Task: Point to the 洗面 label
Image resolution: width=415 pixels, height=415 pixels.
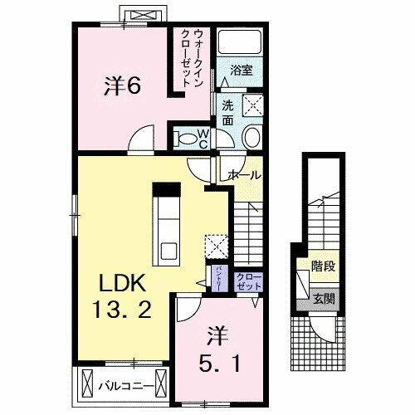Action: [x=227, y=112]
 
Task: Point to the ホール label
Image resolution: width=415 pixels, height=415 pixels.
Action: [x=244, y=175]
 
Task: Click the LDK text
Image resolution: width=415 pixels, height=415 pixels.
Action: [x=115, y=281]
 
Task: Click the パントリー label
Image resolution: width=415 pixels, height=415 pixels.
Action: [x=212, y=274]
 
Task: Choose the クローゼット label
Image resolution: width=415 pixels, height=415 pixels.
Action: [x=248, y=281]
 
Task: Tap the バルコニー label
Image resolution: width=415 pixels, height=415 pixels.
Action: [x=123, y=386]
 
